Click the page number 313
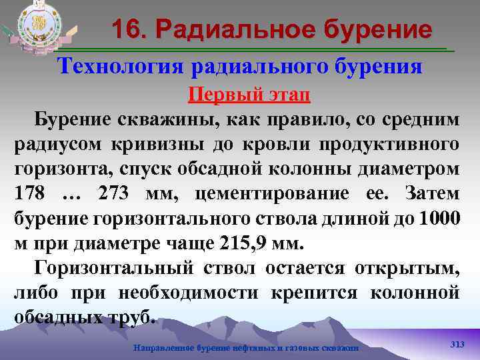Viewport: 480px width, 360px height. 457,343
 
